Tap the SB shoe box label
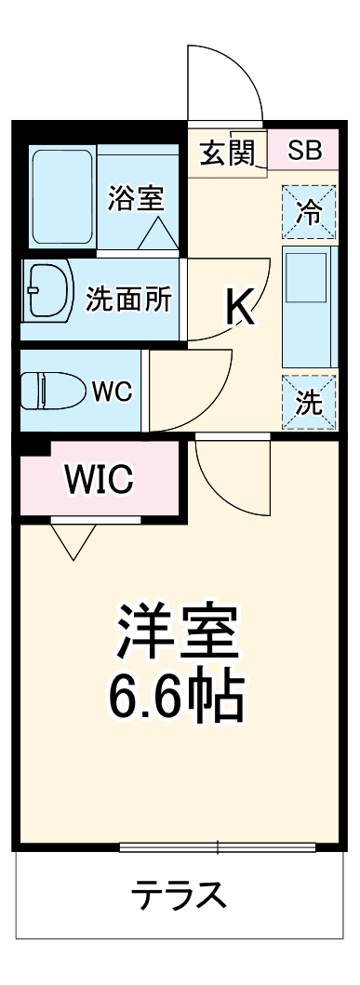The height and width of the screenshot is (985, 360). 303,151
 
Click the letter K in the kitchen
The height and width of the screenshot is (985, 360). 240,307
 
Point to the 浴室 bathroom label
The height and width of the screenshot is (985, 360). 136,198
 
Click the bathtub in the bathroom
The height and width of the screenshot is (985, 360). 62,196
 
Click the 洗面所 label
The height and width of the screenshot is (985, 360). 128,299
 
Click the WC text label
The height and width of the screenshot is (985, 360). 111,392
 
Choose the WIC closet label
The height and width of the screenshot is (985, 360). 99,480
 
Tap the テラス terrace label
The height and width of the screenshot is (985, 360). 178,897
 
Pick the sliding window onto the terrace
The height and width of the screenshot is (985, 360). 218,846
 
